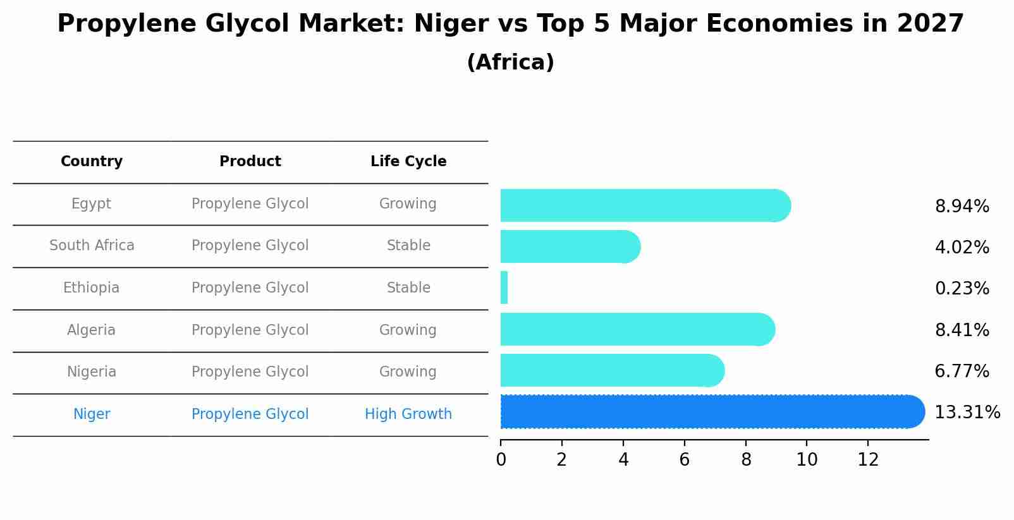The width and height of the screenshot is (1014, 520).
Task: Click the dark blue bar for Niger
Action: point(708,412)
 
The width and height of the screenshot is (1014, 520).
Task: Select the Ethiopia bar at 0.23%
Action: point(504,288)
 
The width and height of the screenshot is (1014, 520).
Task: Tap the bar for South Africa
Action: point(569,246)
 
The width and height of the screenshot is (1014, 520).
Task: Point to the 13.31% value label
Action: point(967,413)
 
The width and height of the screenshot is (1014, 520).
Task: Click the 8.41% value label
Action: point(962,330)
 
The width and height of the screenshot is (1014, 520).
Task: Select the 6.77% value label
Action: point(962,372)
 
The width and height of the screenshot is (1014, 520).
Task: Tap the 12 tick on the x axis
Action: point(868,460)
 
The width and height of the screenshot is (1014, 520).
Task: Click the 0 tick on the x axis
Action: point(501,460)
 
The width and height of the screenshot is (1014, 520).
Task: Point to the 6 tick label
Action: point(684,460)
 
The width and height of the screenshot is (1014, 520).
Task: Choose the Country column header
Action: point(92,162)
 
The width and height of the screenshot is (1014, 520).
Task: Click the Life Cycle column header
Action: point(408,162)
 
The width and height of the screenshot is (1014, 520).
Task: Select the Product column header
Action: point(250,162)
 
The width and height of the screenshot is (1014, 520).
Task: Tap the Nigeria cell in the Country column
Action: point(92,372)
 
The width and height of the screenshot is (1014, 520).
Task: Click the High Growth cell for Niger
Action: point(408,414)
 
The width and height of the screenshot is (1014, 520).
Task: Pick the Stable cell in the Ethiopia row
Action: point(408,288)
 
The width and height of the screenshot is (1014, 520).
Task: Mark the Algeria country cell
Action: point(92,330)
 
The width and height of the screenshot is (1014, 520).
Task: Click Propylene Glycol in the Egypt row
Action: point(250,204)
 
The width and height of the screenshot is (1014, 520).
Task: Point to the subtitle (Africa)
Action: point(510,63)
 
